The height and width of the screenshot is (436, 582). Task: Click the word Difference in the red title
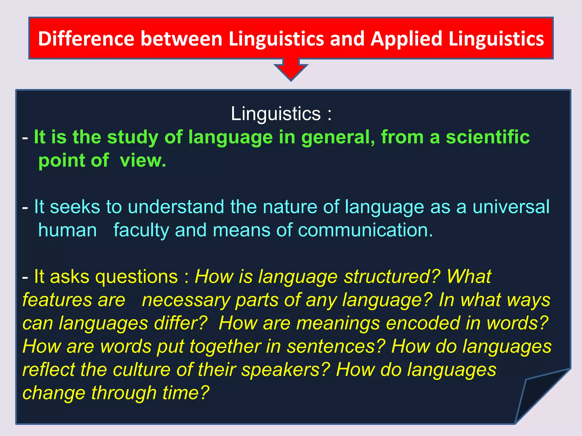click(86, 39)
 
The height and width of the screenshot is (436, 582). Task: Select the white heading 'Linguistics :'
click(281, 114)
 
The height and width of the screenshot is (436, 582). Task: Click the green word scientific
click(487, 137)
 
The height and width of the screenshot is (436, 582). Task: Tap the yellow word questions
click(136, 277)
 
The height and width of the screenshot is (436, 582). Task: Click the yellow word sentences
click(335, 347)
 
